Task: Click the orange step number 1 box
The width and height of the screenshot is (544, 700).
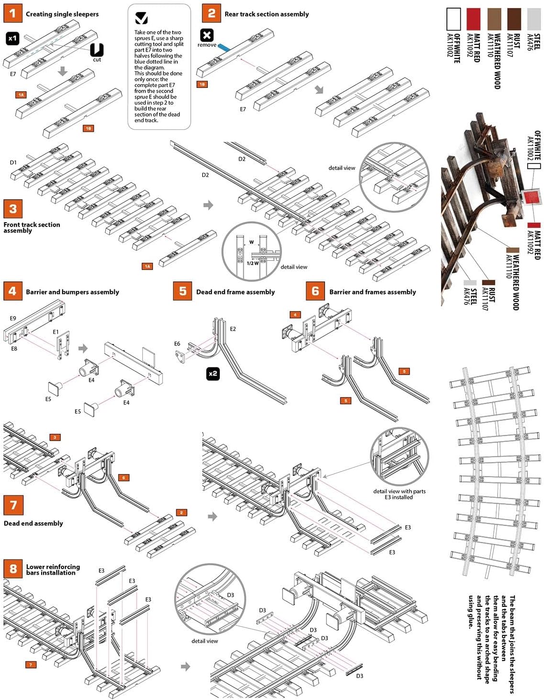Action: click(12, 13)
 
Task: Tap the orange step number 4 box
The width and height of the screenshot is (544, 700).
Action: click(12, 291)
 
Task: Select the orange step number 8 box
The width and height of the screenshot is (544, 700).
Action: click(13, 569)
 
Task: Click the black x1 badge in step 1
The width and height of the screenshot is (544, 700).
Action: click(13, 38)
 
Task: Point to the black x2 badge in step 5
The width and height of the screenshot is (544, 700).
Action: click(213, 374)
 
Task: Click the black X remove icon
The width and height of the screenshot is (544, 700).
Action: click(207, 35)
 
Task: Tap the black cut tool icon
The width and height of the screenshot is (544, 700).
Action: click(97, 50)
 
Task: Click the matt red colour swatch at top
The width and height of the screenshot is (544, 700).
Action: click(473, 20)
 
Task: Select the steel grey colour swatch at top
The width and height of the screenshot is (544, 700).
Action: click(533, 20)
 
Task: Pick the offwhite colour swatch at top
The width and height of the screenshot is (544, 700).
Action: click(453, 20)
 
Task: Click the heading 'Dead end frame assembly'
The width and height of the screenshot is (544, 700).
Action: click(235, 292)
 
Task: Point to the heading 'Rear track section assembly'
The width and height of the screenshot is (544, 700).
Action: click(267, 14)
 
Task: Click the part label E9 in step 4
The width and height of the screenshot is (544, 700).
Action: click(13, 318)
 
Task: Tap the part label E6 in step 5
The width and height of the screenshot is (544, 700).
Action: click(177, 344)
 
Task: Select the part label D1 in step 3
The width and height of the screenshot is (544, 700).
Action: click(13, 162)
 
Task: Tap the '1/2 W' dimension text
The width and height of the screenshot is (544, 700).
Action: click(252, 263)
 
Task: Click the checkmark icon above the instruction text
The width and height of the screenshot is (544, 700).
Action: click(141, 18)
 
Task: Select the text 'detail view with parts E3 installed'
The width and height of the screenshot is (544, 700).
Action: click(399, 494)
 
